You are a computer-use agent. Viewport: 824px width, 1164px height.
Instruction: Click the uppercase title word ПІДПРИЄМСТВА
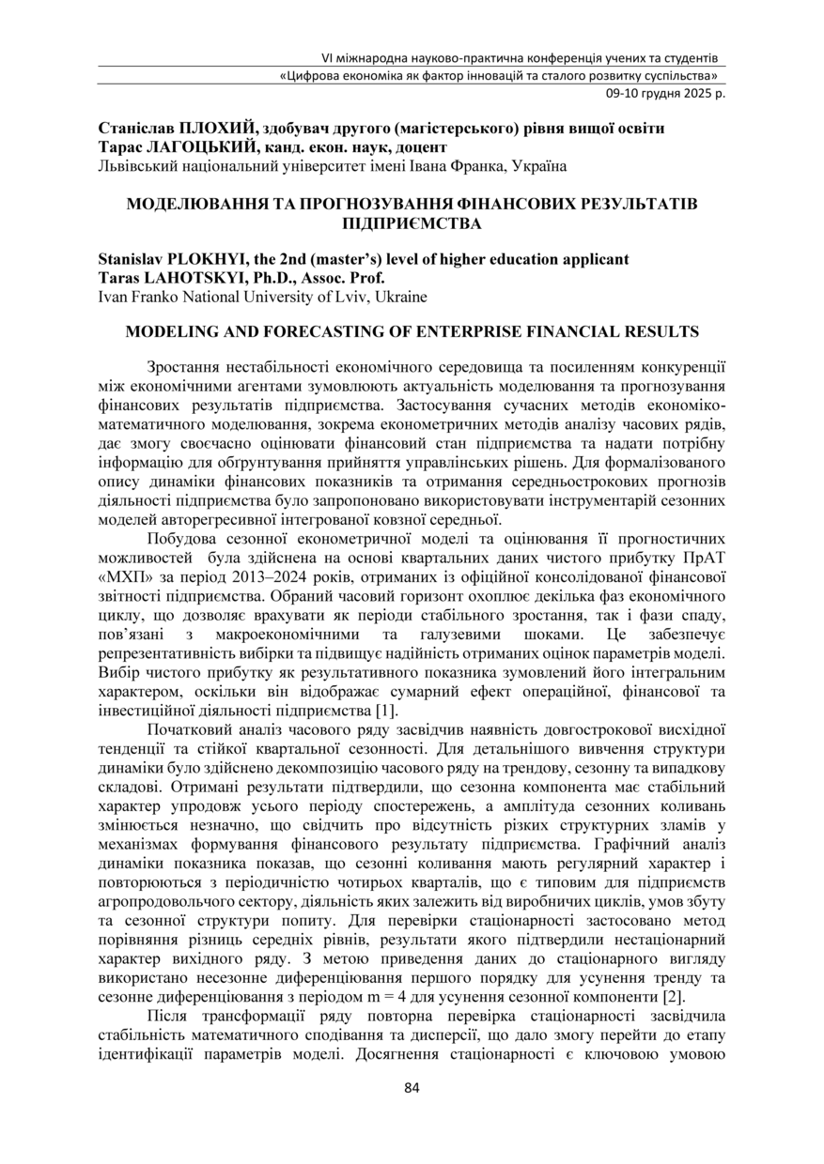click(412, 223)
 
